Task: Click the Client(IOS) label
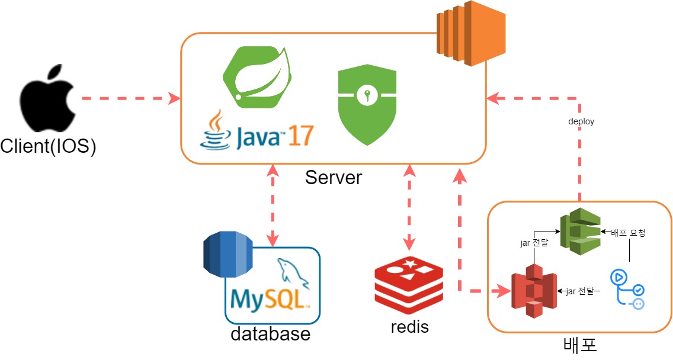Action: pos(48,146)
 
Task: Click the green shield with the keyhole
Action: pos(367,104)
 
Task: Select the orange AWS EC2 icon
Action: pos(472,33)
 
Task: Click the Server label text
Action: pos(333,177)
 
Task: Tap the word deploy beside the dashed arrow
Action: pos(581,121)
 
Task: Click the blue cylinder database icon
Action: pos(227,255)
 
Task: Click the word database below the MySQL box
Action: pos(270,333)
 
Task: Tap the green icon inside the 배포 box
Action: pos(580,232)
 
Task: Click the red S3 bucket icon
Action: pos(533,291)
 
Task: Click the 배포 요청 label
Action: pos(628,233)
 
